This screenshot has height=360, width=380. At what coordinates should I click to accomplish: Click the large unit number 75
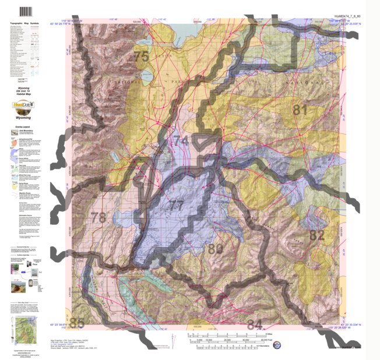141,57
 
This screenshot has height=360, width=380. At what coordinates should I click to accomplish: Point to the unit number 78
99,218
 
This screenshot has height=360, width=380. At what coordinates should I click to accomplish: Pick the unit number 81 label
300,109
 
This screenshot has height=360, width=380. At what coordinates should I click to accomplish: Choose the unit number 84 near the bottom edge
254,323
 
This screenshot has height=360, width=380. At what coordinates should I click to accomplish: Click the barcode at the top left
25,12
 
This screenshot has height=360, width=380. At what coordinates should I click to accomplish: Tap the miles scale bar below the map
227,335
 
